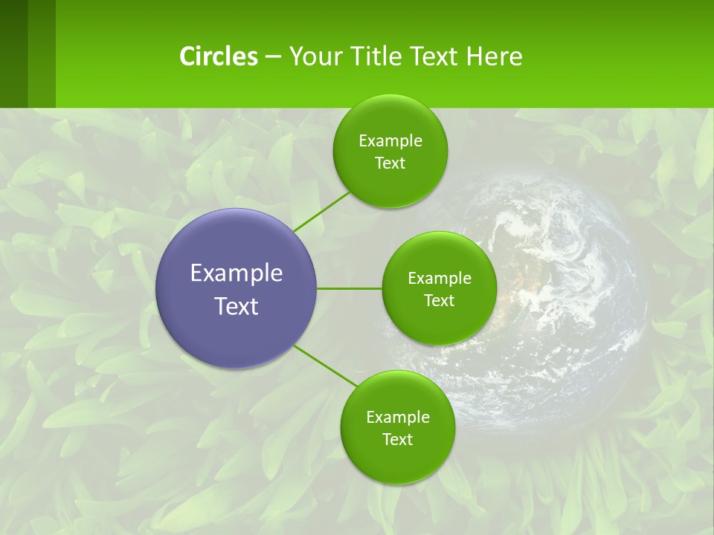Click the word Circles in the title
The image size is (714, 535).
[219, 56]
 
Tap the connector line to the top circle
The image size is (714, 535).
[321, 211]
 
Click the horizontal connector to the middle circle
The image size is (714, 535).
[349, 288]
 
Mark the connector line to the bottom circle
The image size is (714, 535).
[326, 366]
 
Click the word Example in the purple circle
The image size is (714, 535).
[237, 273]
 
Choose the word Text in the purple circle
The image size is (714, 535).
[237, 306]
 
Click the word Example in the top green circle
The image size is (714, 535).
[390, 141]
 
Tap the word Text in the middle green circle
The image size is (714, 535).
[439, 301]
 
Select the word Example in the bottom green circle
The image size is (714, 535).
[397, 418]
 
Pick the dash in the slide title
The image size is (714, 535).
[273, 57]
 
